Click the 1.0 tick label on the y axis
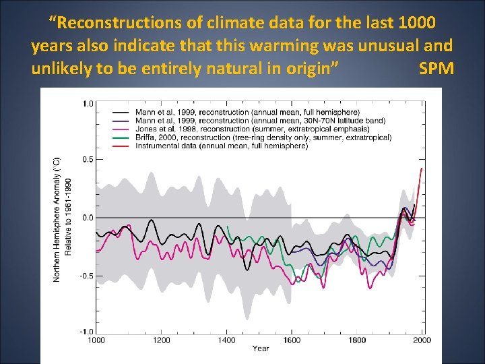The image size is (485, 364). [88, 104]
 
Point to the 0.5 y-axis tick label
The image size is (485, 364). [88, 160]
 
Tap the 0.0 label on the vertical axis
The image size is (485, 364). [88, 218]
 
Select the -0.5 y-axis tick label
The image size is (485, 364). [87, 276]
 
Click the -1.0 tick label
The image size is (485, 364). [87, 332]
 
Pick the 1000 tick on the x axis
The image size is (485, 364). [96, 340]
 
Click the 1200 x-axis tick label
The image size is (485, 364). [162, 340]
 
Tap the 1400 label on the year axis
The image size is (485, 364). [227, 340]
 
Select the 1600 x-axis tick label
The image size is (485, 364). [292, 340]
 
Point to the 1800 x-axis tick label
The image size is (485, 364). [357, 340]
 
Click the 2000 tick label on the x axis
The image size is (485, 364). [422, 340]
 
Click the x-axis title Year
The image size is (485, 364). [261, 348]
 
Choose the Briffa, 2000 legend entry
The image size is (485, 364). [263, 138]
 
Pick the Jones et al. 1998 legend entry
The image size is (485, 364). [252, 129]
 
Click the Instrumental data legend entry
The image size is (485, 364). [222, 146]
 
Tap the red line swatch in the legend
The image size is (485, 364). [121, 146]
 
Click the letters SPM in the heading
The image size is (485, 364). [435, 69]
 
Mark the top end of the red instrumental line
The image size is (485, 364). [422, 168]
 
